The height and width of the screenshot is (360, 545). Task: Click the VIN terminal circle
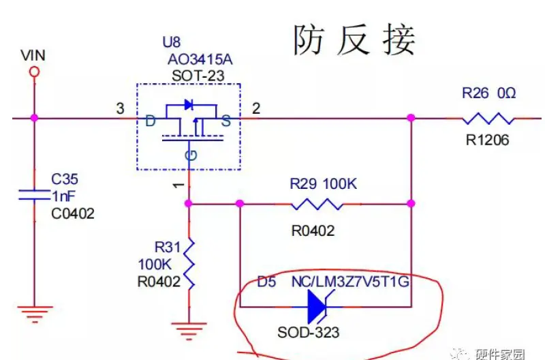click(x=33, y=71)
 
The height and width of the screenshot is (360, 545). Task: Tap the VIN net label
click(x=33, y=55)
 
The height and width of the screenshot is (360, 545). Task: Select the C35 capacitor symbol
click(x=33, y=195)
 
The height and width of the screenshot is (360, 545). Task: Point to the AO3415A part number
click(x=199, y=59)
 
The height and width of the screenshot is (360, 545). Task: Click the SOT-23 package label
click(x=197, y=76)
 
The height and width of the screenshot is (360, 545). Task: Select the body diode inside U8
click(x=189, y=105)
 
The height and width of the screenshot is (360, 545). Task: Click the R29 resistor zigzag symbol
click(x=317, y=203)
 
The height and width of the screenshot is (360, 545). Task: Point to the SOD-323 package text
click(x=308, y=333)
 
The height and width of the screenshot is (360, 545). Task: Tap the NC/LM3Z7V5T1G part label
click(x=350, y=282)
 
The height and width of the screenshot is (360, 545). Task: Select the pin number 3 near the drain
click(x=120, y=108)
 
